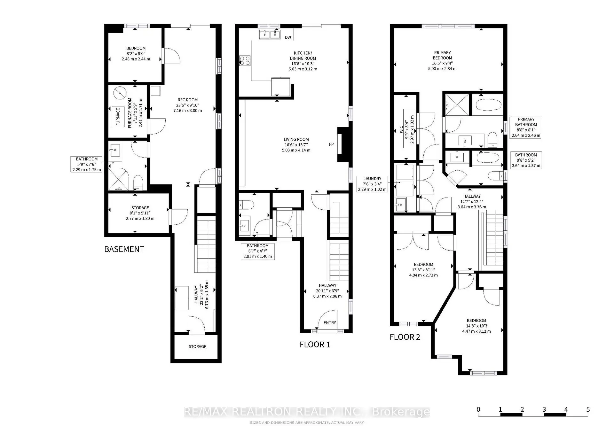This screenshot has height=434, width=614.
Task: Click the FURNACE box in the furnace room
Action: pos(118,117)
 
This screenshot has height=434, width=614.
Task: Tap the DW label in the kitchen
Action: pos(288,37)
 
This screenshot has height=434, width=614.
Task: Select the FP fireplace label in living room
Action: pos(331,144)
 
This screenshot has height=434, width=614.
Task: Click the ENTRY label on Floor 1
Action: pos(330,322)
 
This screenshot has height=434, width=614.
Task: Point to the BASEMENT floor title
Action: pos(124,249)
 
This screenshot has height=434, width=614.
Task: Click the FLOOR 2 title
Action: pos(405,337)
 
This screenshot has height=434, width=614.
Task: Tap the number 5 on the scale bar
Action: pos(588,409)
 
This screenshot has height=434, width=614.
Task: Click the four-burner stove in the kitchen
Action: pos(245,61)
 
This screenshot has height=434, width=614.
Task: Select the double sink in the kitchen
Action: pos(270,34)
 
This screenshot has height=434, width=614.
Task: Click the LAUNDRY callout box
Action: pos(372,184)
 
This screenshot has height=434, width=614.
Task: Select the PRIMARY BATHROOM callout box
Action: pos(526,127)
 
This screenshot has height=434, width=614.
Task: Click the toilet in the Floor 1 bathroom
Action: pos(247,204)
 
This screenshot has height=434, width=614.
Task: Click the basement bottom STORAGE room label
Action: pos(197,346)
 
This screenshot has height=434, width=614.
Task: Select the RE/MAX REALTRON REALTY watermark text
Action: pos(307,412)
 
